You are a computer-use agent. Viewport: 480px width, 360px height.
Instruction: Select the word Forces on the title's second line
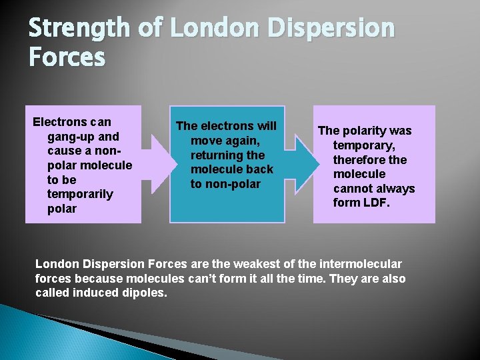tap(67, 58)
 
